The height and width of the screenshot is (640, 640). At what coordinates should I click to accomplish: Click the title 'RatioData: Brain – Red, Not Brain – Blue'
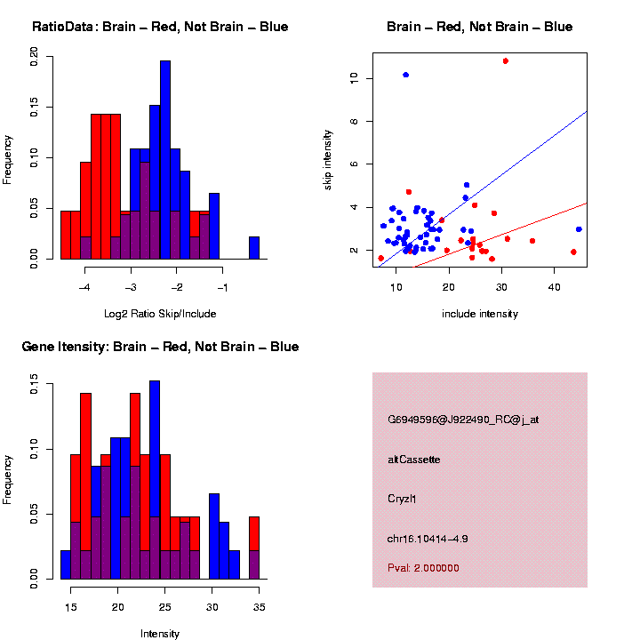160,27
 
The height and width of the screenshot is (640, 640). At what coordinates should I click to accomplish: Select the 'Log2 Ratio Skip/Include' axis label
160,314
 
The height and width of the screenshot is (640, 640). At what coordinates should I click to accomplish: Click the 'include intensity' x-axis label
480,314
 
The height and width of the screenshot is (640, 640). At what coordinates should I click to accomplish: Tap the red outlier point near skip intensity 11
505,60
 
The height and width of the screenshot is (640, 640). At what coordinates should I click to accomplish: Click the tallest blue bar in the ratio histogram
165,160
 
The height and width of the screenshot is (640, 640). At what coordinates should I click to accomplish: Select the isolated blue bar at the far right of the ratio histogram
254,248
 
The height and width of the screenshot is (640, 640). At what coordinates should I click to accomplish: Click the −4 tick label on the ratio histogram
85,289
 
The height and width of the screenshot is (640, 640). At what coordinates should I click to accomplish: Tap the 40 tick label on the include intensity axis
554,289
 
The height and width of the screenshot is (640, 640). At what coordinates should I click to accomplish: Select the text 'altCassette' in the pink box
414,460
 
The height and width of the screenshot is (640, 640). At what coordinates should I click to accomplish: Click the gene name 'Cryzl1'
402,500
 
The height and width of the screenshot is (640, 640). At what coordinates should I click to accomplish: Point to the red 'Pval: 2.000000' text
423,568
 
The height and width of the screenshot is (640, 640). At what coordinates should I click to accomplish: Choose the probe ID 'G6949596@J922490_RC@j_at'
463,420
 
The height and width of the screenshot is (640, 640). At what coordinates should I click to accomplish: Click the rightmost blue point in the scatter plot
579,229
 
